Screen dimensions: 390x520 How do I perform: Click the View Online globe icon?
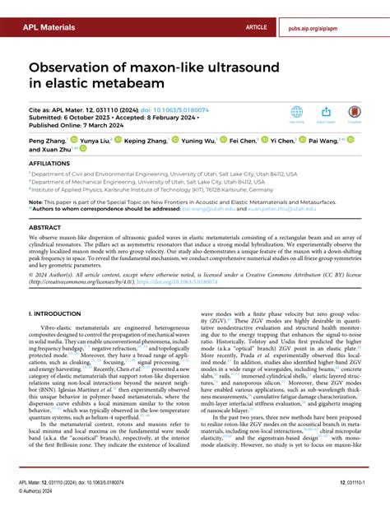297,114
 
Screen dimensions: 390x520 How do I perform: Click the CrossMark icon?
355,114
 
